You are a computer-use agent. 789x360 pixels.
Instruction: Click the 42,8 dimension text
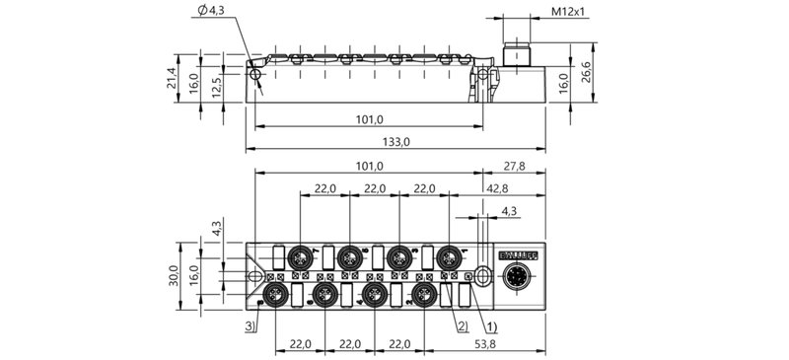coord(496,188)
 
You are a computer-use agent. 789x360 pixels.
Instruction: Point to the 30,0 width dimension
coord(173,274)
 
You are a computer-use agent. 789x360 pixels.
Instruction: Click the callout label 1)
coord(490,325)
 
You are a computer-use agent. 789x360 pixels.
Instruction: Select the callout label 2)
coord(462,325)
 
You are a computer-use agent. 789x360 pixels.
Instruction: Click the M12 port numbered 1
coord(449,257)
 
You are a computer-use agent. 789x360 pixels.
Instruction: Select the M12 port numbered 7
coord(299,257)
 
